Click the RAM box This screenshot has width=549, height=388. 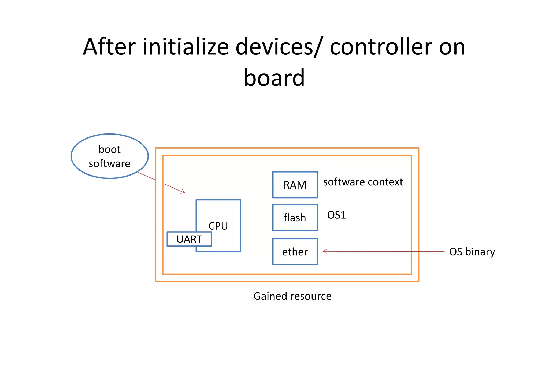click(295, 185)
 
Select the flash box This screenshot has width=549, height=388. click(295, 217)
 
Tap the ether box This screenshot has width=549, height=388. click(295, 252)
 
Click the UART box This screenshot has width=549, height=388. click(189, 239)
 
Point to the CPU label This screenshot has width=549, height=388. click(218, 226)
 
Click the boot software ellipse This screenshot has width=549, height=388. click(110, 156)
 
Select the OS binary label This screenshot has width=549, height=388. click(472, 252)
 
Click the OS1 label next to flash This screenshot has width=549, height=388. click(336, 215)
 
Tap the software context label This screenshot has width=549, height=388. click(363, 182)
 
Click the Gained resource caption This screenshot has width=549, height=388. click(292, 296)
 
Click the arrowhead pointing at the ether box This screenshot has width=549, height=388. click(325, 251)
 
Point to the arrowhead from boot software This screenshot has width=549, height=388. click(183, 192)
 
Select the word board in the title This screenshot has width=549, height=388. click(274, 78)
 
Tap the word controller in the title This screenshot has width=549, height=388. click(381, 47)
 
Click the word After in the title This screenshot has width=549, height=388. click(109, 47)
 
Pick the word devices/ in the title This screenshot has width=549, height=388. click(278, 47)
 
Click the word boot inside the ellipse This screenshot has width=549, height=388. click(110, 149)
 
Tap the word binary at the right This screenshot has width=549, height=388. click(480, 252)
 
